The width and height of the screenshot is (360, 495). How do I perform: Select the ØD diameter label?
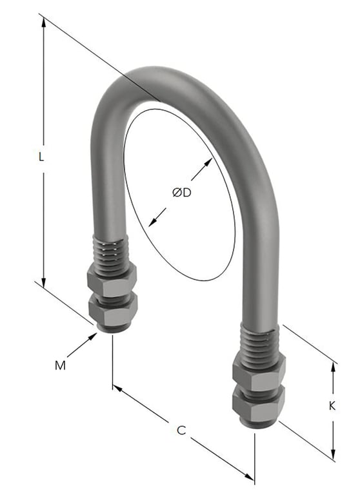(182, 192)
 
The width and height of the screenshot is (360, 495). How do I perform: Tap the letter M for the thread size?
(60, 365)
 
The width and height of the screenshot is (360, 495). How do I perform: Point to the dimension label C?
(182, 431)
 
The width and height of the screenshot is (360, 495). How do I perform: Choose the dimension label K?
(332, 406)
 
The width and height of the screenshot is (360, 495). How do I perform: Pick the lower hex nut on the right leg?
(258, 405)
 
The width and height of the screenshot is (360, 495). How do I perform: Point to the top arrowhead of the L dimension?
(44, 21)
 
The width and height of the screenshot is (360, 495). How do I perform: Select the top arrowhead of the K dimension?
(334, 366)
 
